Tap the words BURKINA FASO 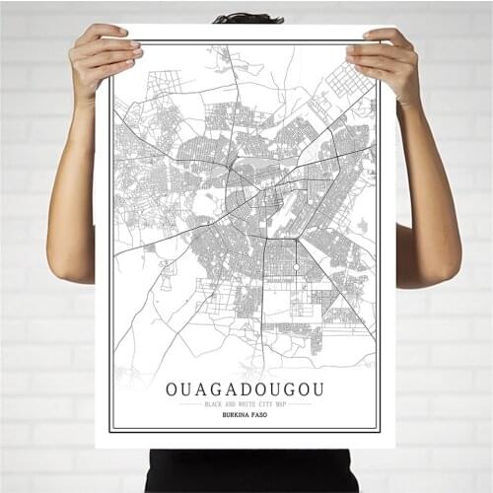click(x=244, y=417)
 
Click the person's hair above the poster click(x=247, y=18)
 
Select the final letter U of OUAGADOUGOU click(x=318, y=388)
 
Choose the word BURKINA click(x=235, y=417)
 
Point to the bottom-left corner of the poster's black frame click(x=110, y=430)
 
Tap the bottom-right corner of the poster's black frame click(x=381, y=430)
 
